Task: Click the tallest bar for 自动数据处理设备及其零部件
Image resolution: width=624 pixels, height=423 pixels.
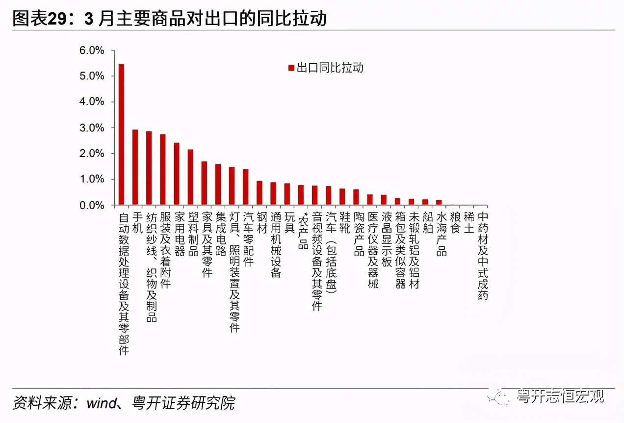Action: (x=121, y=134)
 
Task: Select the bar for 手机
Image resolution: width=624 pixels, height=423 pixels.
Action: (x=135, y=167)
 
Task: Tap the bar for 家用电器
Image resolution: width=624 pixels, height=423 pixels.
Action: (x=177, y=174)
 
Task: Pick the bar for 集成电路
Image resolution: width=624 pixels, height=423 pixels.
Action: (x=218, y=185)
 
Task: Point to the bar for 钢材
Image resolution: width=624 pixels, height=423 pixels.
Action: (x=260, y=193)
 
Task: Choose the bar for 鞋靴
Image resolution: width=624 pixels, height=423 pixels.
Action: (x=342, y=197)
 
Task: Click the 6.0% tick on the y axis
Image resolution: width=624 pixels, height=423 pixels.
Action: (x=92, y=51)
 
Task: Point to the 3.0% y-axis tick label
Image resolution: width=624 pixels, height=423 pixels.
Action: (x=92, y=128)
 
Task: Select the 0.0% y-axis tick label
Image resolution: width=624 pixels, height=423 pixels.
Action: (x=92, y=206)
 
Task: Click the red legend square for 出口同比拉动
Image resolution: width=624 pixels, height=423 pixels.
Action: (x=291, y=68)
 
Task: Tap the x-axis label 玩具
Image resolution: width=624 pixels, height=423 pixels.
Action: (x=289, y=223)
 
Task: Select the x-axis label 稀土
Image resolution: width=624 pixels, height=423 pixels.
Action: (x=469, y=223)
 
